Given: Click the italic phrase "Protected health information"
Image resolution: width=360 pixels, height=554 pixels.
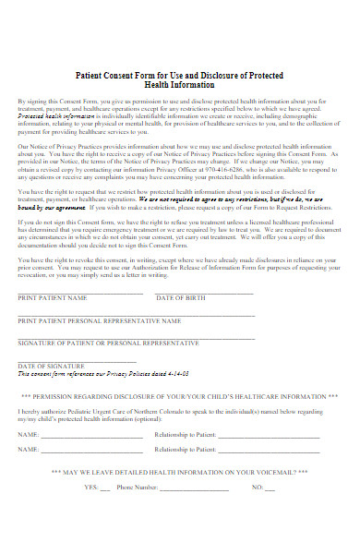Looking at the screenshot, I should pyautogui.click(x=55, y=117).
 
